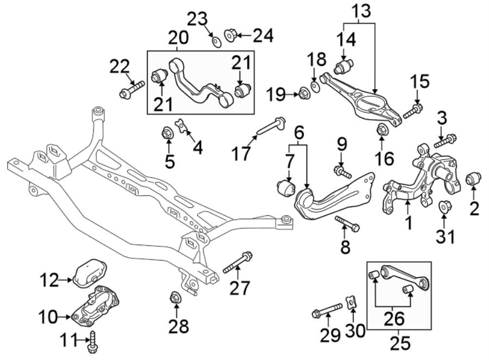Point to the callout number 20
click(x=178, y=38)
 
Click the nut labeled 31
click(x=444, y=207)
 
